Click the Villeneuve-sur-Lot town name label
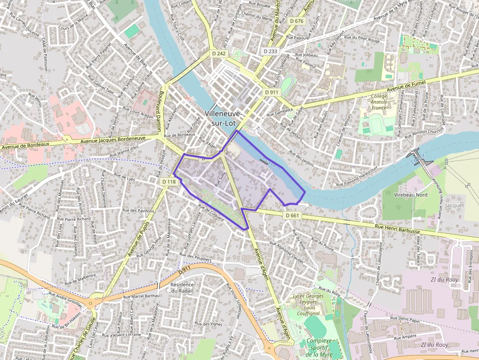coord(223,118)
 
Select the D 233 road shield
coord(270,51)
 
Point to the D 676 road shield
coord(296,21)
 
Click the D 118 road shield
coord(169,182)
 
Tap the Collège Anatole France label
coord(379,102)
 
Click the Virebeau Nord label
coord(411,194)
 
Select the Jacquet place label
coord(455,206)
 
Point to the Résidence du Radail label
coord(182,287)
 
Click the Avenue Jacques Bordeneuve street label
coord(113,140)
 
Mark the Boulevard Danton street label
coord(160,112)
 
